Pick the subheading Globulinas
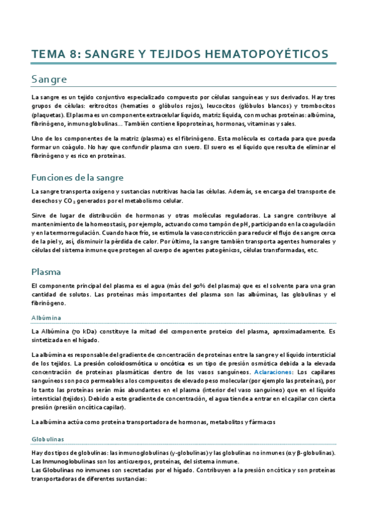click(48, 439)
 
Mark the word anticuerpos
click(140, 461)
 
